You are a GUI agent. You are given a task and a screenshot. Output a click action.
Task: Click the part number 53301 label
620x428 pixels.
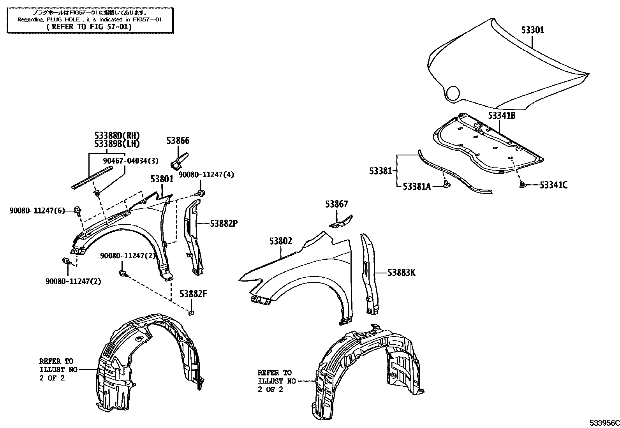(532, 30)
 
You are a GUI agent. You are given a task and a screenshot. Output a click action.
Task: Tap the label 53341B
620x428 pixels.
(502, 116)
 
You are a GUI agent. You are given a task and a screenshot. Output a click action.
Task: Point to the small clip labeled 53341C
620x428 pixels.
(522, 185)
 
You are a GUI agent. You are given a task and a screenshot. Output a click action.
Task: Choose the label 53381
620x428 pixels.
(380, 171)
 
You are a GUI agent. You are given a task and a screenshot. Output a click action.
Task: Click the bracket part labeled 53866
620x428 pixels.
(180, 160)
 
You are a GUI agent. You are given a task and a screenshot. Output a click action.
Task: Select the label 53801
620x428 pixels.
(162, 179)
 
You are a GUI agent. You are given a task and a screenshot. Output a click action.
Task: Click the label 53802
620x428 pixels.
(280, 241)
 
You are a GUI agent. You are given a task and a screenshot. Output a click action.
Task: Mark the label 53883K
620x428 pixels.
(401, 273)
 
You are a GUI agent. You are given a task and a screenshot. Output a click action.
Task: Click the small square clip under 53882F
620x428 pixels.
(191, 312)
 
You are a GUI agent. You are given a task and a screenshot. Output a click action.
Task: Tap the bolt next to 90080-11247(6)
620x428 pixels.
(77, 211)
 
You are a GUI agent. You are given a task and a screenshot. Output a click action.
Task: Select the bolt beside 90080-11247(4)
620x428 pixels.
(201, 193)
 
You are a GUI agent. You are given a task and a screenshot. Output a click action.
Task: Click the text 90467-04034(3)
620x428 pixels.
(131, 161)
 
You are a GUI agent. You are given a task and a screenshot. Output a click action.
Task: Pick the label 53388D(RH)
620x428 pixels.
(117, 136)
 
